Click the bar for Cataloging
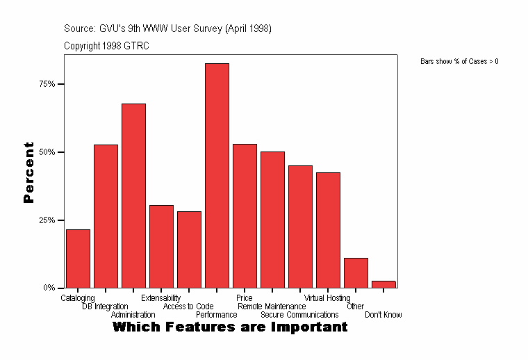point(78,259)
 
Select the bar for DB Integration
point(106,216)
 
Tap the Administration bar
point(133,195)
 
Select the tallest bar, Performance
point(217,175)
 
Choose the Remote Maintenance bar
point(272,220)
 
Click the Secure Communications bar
point(300,227)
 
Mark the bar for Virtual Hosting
point(328,230)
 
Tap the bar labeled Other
point(356,272)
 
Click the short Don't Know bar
point(383,284)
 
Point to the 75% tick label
point(47,84)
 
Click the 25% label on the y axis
point(47,220)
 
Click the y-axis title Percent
point(28,172)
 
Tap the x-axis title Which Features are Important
point(230,327)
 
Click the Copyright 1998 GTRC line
point(106,46)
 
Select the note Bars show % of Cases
point(459,62)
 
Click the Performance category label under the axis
point(216,315)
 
